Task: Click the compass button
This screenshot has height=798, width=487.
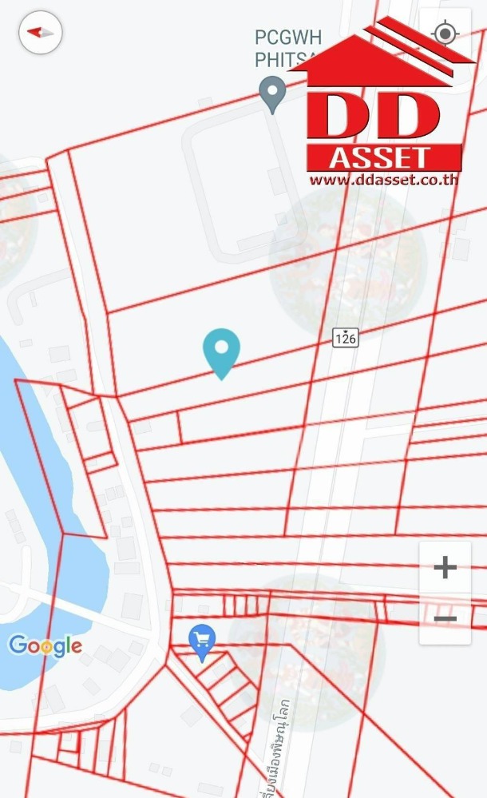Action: pos(41,33)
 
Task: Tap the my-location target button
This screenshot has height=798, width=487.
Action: pos(445,34)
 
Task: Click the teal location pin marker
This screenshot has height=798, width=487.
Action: pos(221,352)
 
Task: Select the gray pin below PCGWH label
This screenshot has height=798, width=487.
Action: pos(273,93)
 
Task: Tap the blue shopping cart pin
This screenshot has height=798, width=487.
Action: pos(202,641)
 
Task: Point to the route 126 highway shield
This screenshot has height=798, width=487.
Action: pos(345,338)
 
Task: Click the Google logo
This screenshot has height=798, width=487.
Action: pos(46,645)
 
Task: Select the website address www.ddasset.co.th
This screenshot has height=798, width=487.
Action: pos(383,179)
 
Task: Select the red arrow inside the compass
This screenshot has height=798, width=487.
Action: pos(35,32)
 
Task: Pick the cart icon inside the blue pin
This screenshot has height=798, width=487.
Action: pos(202,638)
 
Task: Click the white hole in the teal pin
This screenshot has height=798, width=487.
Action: pos(221,347)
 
